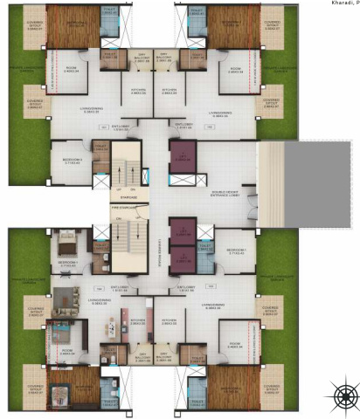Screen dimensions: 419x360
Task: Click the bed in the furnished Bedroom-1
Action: (x=67, y=240)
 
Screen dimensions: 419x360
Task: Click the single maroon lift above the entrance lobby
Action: (x=183, y=155)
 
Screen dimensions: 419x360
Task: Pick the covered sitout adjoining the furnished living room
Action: (x=36, y=313)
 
